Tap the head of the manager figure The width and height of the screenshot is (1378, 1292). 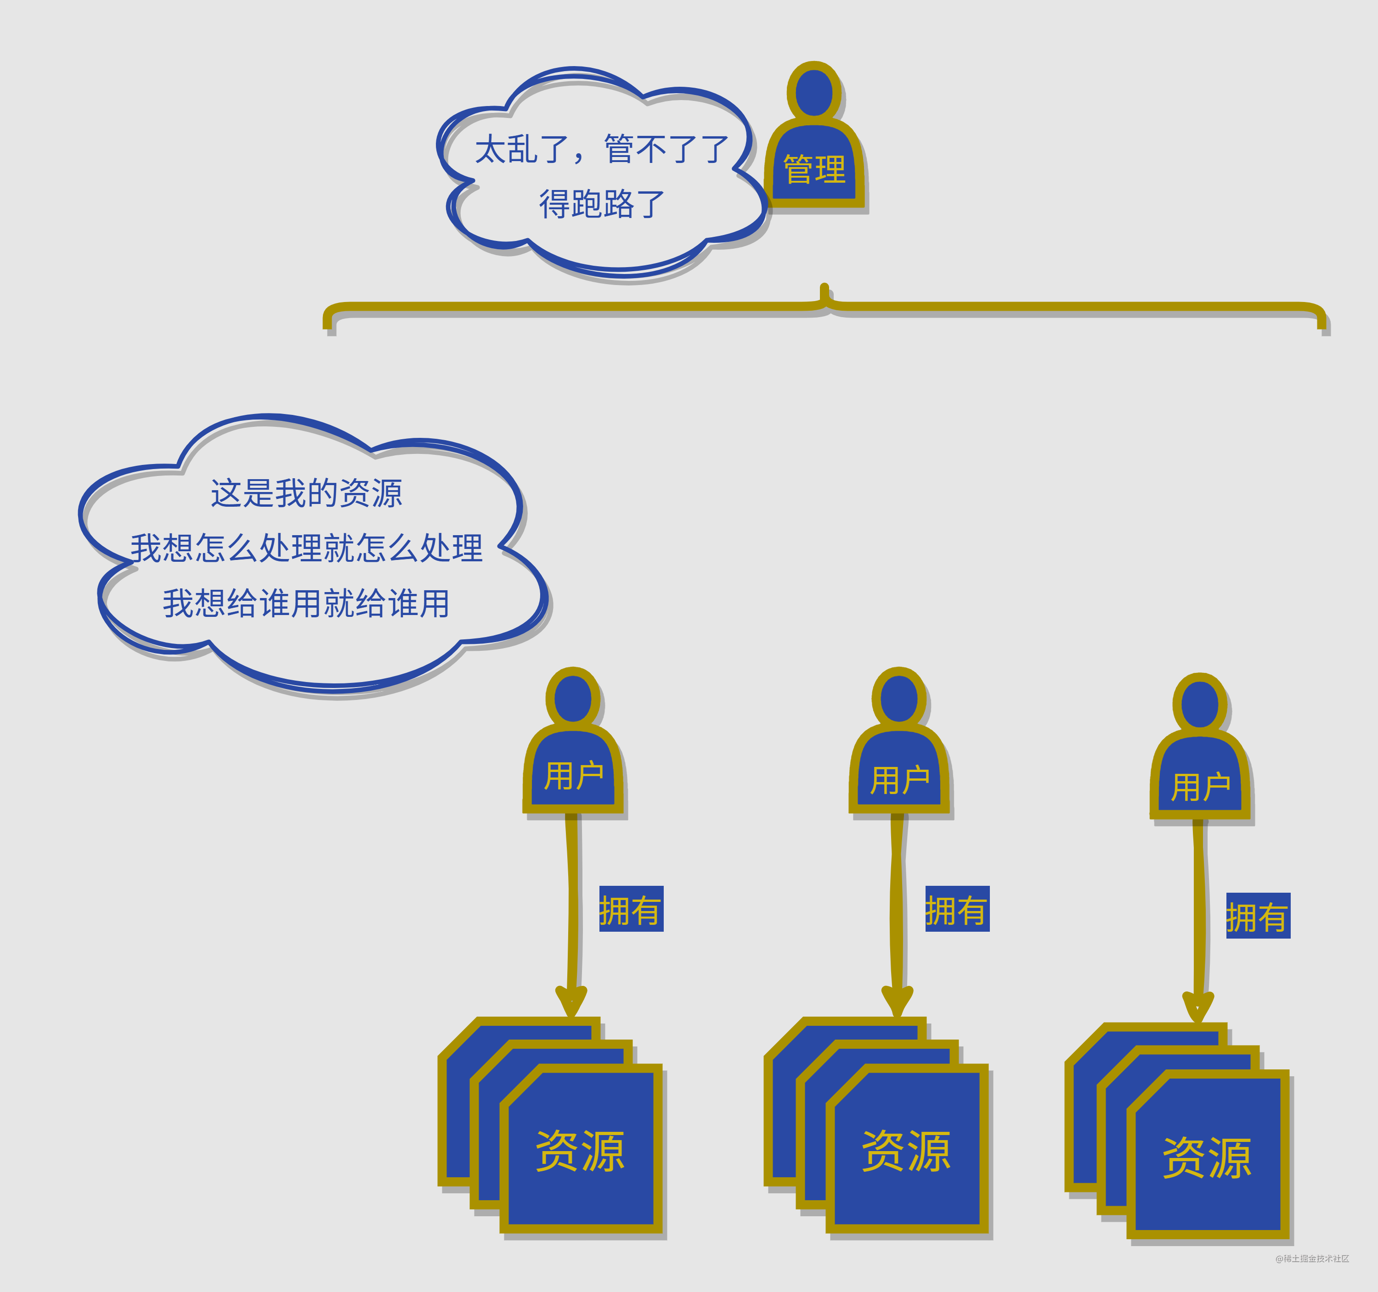coord(814,92)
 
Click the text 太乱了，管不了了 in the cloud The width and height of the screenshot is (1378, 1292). coord(601,149)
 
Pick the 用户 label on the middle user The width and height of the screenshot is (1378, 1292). coord(899,780)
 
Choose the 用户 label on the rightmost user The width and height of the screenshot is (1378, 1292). coord(1200,786)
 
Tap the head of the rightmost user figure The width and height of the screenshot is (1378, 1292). coord(1200,705)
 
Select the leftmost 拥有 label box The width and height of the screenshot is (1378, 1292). coord(631,909)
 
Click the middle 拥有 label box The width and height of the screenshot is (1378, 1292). coord(956,909)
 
